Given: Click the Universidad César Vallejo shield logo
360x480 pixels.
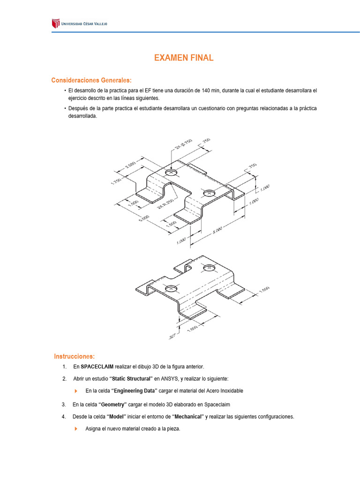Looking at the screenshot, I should click(x=56, y=23).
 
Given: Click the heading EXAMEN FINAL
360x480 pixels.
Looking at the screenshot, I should click(x=184, y=58).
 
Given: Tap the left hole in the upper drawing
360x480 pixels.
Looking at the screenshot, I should click(x=171, y=173).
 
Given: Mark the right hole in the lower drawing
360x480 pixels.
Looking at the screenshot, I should click(x=209, y=268).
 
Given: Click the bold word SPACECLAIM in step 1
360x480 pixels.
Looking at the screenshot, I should click(x=97, y=367).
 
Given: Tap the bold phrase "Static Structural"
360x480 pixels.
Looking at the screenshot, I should click(x=131, y=379).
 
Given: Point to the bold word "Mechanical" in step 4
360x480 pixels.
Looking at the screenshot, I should click(x=188, y=417).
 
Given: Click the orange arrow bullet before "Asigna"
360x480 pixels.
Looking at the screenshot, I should click(x=76, y=429).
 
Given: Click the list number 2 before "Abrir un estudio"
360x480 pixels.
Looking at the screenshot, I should click(x=64, y=379).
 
